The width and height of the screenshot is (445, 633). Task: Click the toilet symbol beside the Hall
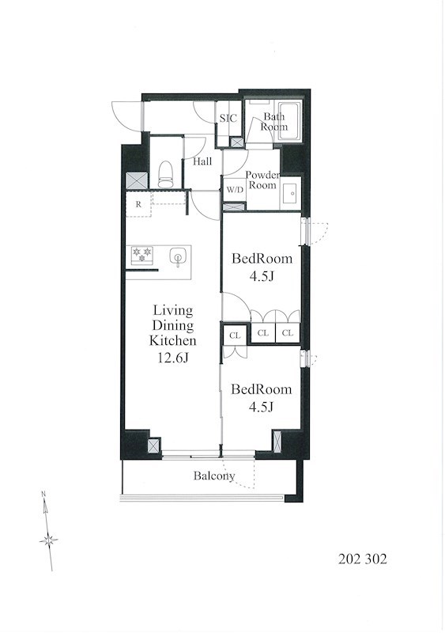[165, 175]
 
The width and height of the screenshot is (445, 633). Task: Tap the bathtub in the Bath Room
[289, 122]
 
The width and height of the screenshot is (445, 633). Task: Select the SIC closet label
[228, 118]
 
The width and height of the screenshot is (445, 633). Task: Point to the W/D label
[235, 190]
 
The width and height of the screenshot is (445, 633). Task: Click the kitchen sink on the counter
[177, 257]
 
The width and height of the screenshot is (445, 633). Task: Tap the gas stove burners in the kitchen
[141, 255]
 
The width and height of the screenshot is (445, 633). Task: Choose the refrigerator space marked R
[138, 204]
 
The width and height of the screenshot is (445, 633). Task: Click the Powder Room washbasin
[291, 193]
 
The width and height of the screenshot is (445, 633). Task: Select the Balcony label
[214, 476]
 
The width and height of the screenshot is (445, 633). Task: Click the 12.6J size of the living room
[172, 358]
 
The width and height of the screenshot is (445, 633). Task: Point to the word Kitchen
[172, 341]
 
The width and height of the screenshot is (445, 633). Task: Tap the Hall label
[202, 162]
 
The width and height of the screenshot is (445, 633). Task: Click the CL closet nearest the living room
[235, 335]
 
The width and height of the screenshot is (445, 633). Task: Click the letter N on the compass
[43, 494]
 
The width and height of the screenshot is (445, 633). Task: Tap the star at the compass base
[49, 540]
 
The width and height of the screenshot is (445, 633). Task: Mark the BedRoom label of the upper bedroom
[262, 259]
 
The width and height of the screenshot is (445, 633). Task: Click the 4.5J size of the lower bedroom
[262, 407]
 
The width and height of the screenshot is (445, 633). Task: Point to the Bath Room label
[274, 122]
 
